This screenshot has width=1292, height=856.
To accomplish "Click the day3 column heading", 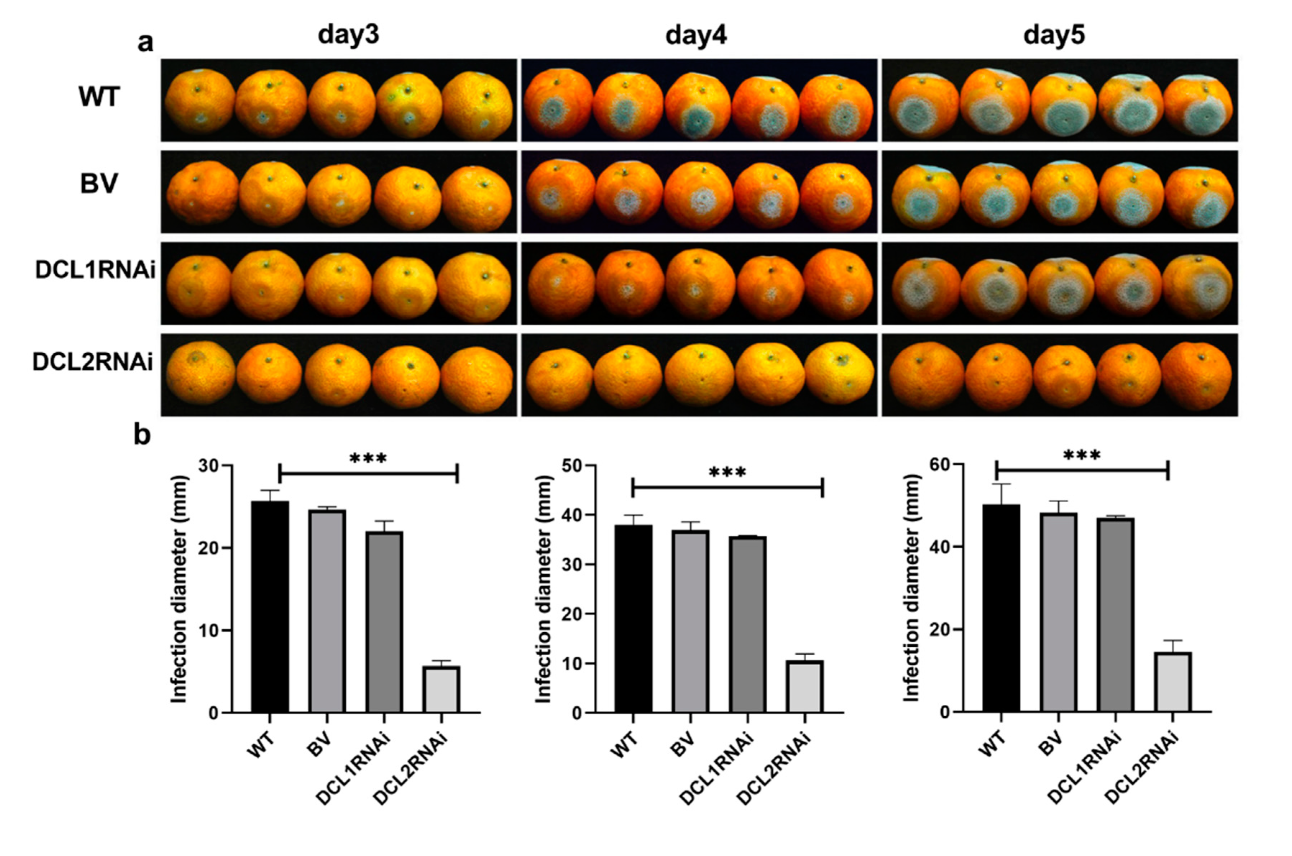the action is click(349, 35).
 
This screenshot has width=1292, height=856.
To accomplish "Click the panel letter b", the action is click(142, 436).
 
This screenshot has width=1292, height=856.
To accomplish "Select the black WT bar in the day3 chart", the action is click(270, 606).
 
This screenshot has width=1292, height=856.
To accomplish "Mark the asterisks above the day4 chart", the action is click(727, 472).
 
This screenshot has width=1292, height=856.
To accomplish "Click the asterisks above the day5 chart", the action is click(1082, 455).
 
